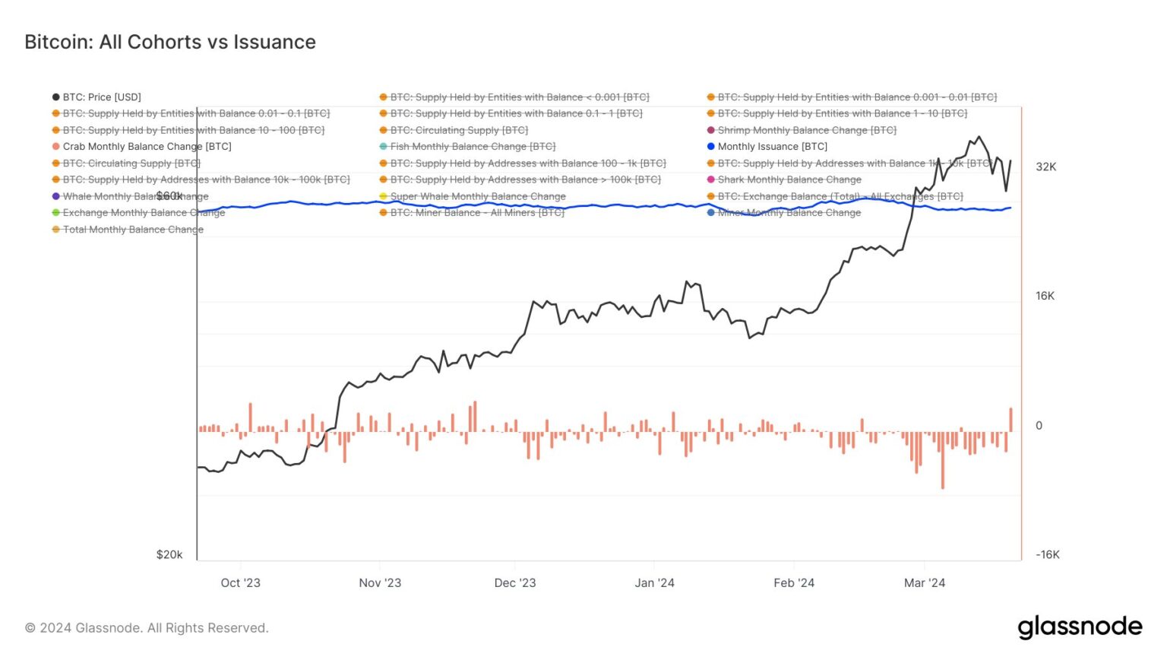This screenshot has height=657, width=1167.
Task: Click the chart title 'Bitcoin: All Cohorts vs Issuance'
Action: (170, 42)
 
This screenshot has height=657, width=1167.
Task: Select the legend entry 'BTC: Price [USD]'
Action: (102, 97)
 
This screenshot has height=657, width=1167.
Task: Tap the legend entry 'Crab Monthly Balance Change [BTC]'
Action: (147, 147)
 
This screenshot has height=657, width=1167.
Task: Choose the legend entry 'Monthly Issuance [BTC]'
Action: (772, 147)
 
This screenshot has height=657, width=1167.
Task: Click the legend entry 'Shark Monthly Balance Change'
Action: (789, 179)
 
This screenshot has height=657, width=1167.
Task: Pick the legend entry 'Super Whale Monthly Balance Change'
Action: (477, 196)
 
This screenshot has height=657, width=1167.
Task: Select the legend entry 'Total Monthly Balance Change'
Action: (133, 229)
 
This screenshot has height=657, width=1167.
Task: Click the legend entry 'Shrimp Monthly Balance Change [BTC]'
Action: (806, 130)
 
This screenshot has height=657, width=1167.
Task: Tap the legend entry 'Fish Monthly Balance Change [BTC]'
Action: (472, 147)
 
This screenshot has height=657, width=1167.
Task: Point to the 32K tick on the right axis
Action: (1046, 167)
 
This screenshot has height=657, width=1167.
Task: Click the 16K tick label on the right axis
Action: (1045, 296)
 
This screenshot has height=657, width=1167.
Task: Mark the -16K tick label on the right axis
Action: (1047, 554)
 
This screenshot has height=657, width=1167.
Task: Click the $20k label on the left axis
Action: (169, 554)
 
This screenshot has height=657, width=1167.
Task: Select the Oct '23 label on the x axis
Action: (240, 582)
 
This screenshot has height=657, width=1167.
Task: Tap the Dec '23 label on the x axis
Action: (515, 582)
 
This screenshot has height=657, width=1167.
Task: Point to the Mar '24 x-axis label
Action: (925, 582)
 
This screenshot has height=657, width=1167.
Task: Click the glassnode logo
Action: (1080, 627)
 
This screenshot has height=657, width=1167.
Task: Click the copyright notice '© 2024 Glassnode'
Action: (147, 628)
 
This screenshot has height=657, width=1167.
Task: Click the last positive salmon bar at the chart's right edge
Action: (1011, 420)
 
